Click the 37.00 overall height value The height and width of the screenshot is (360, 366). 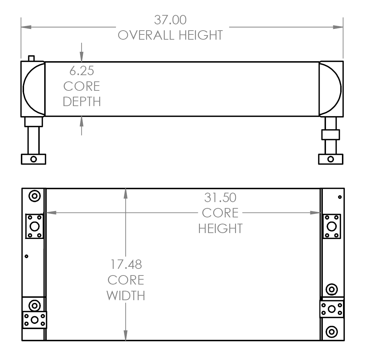tap(170, 20)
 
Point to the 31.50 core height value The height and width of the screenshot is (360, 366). tap(220, 198)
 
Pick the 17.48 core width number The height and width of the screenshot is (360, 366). tap(126, 264)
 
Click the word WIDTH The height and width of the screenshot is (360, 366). tap(126, 296)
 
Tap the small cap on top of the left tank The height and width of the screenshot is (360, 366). tap(32, 58)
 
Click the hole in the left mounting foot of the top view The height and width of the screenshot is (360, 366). tap(33, 159)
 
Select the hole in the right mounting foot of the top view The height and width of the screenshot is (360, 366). tap(331, 159)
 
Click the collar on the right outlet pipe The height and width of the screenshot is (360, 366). tap(330, 135)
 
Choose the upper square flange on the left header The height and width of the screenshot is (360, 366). tap(34, 226)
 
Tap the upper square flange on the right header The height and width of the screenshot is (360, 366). tap(332, 226)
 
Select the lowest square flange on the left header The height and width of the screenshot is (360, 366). tap(34, 320)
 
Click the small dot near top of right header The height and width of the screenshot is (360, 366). tap(340, 197)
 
